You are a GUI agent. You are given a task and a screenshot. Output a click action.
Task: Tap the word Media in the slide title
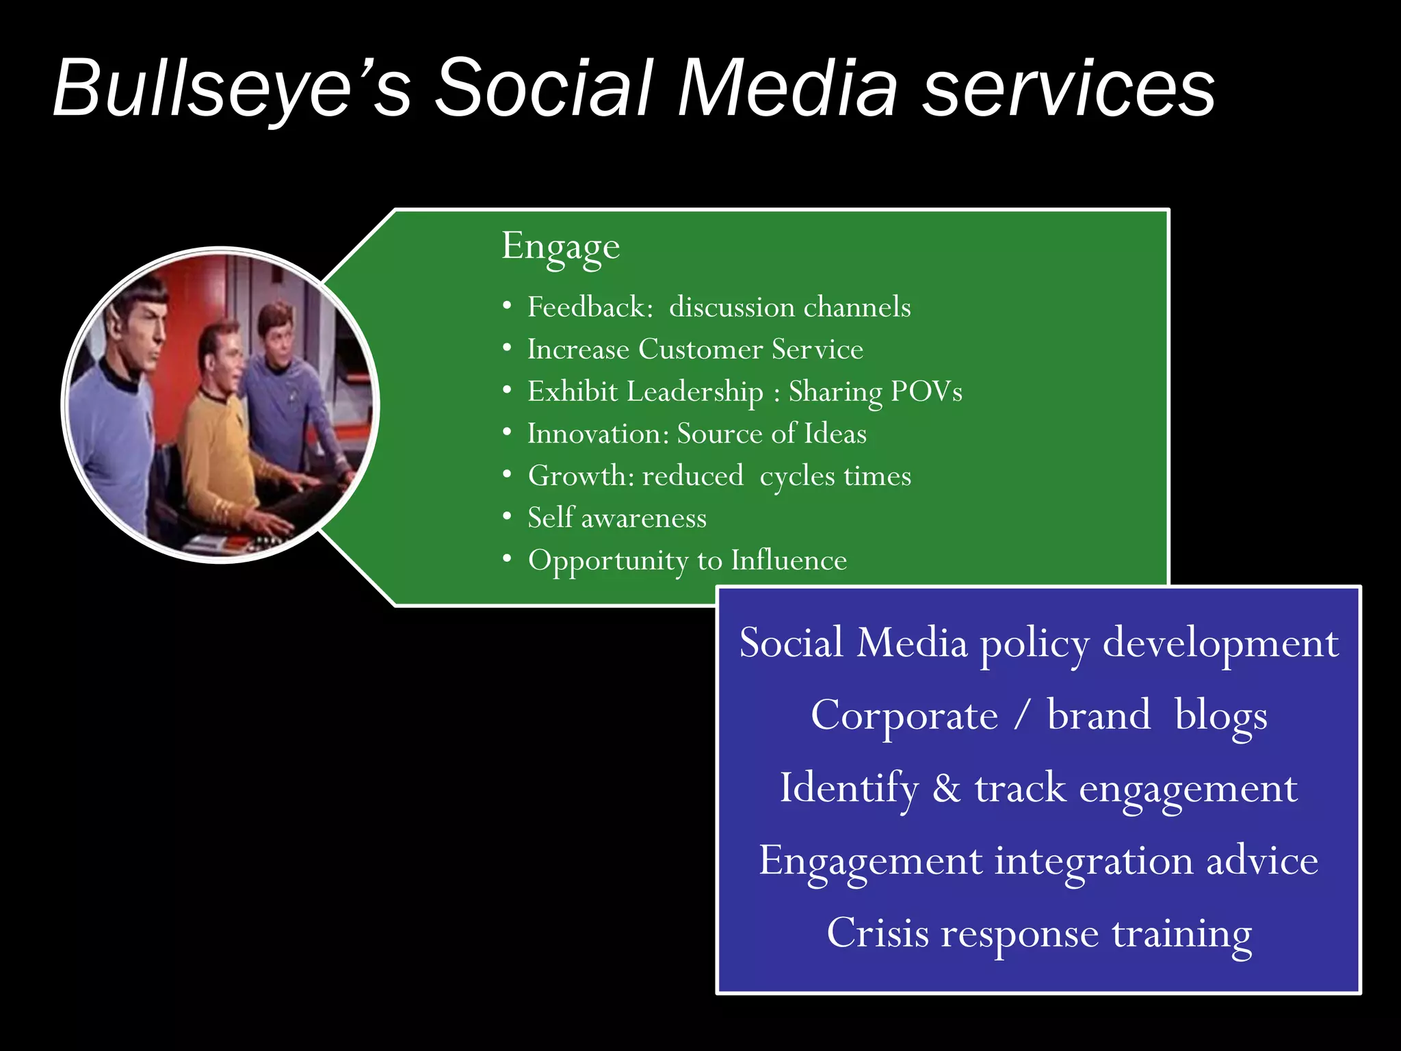(786, 89)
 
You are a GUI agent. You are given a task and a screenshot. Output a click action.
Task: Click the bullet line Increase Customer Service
(695, 350)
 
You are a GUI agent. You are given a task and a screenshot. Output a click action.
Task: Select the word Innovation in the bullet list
(597, 434)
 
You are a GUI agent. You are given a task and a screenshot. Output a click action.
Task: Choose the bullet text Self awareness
(617, 518)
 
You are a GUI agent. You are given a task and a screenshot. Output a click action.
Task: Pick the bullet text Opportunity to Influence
(688, 560)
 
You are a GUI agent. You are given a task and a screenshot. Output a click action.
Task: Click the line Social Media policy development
(1038, 644)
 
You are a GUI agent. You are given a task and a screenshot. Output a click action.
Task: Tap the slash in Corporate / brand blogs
(1022, 716)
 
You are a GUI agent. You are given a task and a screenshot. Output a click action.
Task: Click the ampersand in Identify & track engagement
(947, 788)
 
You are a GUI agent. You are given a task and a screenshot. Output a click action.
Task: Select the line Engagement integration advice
(1038, 861)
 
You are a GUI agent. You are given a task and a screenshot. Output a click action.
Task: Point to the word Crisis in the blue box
(878, 933)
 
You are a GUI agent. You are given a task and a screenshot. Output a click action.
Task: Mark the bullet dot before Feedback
(507, 307)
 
